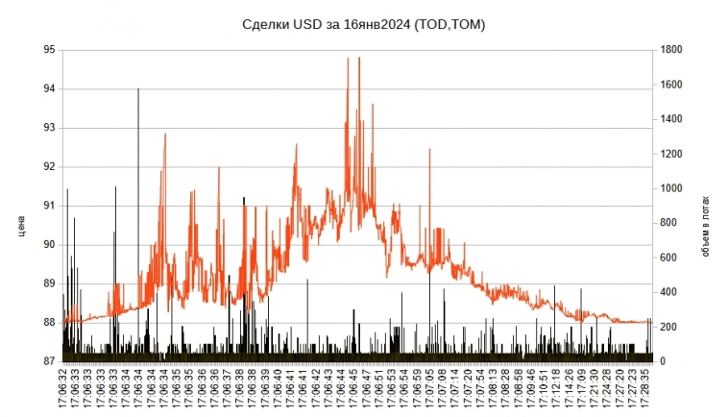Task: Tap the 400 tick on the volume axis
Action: [668, 292]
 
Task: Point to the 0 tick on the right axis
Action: [662, 361]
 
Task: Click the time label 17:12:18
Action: [555, 389]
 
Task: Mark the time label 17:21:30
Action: [596, 389]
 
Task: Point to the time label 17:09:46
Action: [530, 389]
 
